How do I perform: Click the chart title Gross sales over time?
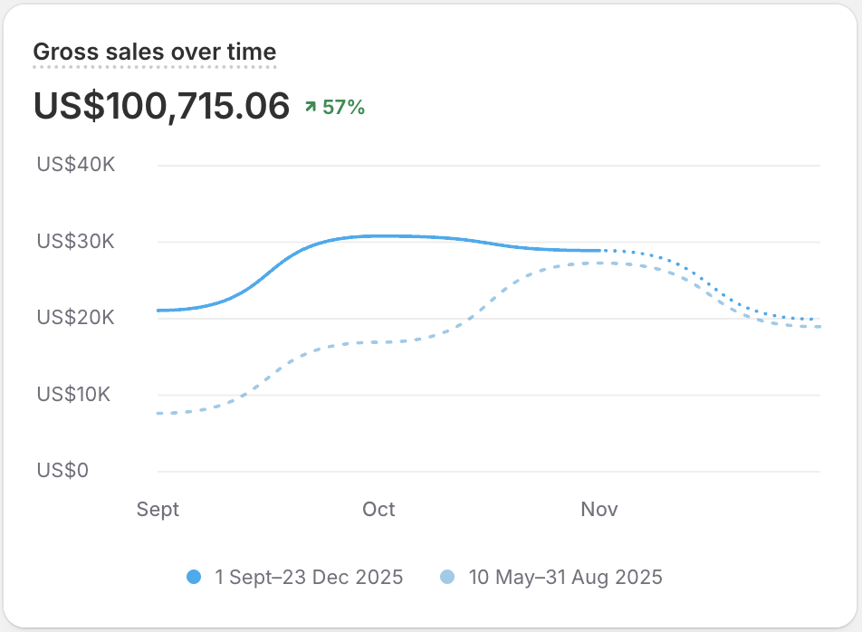(x=154, y=52)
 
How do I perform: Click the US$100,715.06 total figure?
(x=161, y=106)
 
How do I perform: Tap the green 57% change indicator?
(x=343, y=108)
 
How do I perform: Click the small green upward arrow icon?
(x=311, y=108)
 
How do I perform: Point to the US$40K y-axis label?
(x=76, y=166)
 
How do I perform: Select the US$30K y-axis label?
(x=76, y=242)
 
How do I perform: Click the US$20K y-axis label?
(x=76, y=318)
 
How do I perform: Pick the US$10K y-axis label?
(x=76, y=395)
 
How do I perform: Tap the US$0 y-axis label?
(x=62, y=471)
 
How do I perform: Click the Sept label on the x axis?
(x=158, y=509)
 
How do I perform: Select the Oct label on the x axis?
(x=378, y=509)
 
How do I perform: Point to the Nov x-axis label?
(x=599, y=509)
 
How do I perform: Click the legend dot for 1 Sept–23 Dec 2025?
(x=193, y=577)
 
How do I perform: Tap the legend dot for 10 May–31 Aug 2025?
(x=446, y=577)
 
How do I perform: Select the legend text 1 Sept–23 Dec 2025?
(x=309, y=577)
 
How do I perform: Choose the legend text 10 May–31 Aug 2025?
(x=565, y=577)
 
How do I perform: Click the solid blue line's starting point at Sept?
(x=158, y=311)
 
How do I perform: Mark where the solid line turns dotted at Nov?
(x=600, y=250)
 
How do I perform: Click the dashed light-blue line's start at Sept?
(x=158, y=413)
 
